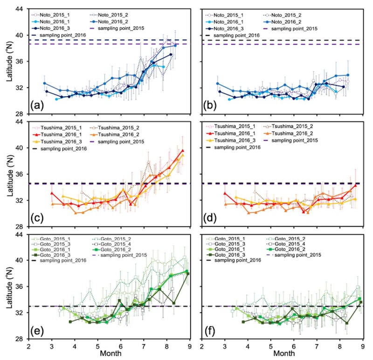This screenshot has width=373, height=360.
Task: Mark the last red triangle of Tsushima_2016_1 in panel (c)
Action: pyautogui.click(x=183, y=150)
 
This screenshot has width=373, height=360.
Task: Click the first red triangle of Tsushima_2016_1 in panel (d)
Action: pyautogui.click(x=225, y=193)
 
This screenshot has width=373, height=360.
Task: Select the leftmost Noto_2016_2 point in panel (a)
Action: pyautogui.click(x=45, y=83)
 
